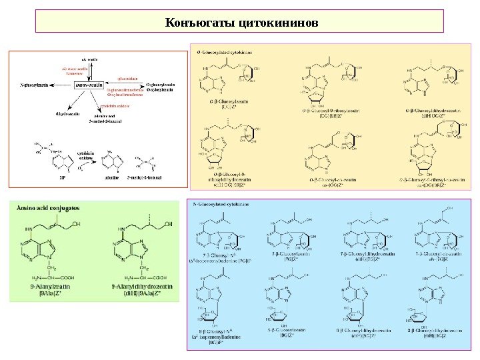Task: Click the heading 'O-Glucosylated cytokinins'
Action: point(223,51)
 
